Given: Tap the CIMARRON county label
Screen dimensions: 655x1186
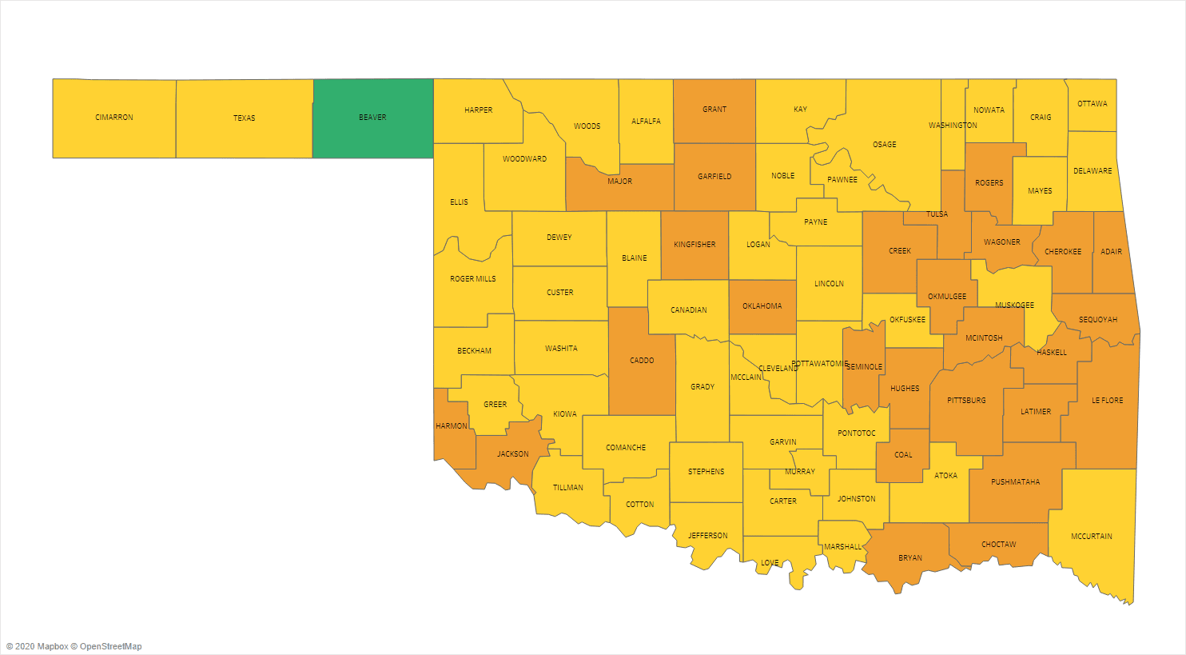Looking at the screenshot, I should point(114,118).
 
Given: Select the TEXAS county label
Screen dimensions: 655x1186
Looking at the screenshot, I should point(245,118).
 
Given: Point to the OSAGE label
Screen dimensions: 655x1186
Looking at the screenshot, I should point(885,145).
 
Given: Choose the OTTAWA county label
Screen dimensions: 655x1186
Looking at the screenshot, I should point(1092,104).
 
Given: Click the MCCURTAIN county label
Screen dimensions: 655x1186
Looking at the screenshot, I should point(1092,537).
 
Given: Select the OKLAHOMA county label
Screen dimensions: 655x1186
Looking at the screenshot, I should point(762,306).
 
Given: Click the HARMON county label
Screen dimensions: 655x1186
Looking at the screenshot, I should point(452,426).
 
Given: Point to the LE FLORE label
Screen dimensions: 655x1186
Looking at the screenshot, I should point(1108,401).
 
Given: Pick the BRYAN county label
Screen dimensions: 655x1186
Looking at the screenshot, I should point(910,558).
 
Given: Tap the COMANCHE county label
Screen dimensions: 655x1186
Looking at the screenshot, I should point(626,448).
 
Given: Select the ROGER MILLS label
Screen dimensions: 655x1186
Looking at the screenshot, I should point(473,279).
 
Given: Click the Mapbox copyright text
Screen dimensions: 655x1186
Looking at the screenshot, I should point(38,646).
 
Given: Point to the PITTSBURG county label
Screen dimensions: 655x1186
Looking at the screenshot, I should point(966,401).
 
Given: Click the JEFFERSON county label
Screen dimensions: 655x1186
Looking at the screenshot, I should point(708,536).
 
